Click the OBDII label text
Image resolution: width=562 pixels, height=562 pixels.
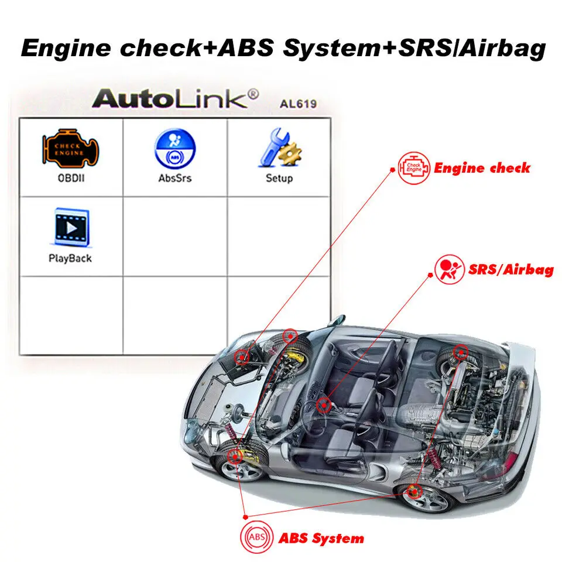click(x=70, y=177)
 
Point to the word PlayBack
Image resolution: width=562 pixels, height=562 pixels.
click(x=70, y=258)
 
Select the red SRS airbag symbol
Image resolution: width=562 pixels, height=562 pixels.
click(x=448, y=270)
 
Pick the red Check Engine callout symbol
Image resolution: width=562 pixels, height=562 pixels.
click(x=413, y=169)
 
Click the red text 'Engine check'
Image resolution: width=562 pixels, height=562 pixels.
click(x=482, y=169)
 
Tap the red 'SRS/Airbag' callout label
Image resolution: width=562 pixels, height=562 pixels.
click(x=511, y=270)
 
